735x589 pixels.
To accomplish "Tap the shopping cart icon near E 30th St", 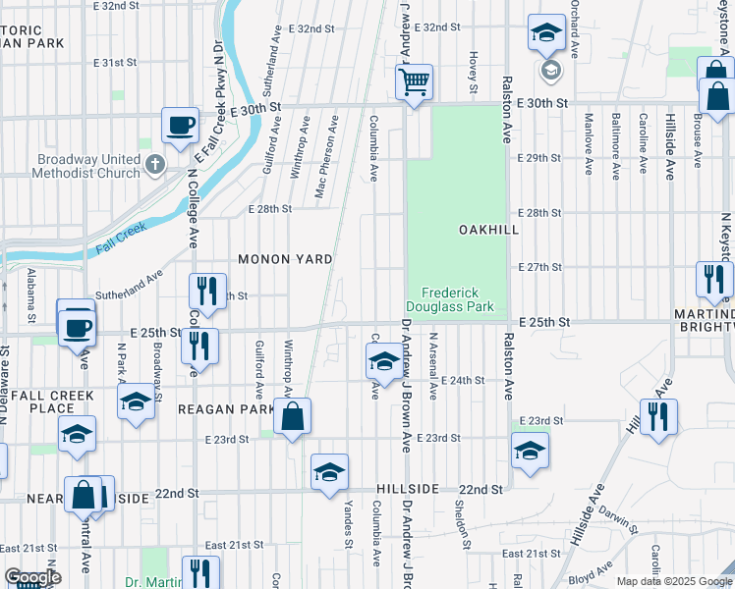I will point(415,81).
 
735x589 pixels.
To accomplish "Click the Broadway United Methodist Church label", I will point(76,167).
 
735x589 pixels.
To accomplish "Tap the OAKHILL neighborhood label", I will point(488,229).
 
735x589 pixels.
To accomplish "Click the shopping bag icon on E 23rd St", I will point(293,417).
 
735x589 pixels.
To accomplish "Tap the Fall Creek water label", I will point(121,239).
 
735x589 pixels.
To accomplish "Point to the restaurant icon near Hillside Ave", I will point(658,416).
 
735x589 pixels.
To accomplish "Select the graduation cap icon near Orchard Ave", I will point(546,34).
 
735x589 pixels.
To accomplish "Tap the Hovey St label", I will point(473,74).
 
